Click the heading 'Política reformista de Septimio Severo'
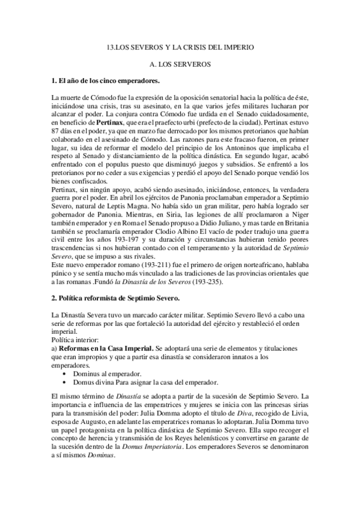[119, 298]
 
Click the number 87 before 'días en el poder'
[56, 131]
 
